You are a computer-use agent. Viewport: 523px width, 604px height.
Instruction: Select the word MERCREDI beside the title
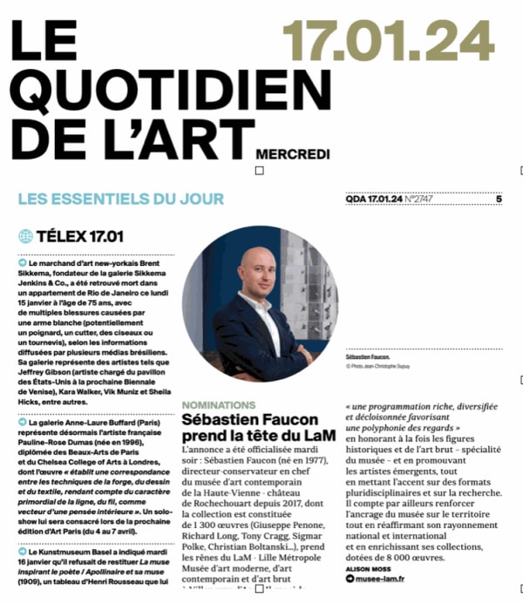tap(293, 154)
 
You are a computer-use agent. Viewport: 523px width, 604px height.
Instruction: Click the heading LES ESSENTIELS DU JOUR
tap(121, 199)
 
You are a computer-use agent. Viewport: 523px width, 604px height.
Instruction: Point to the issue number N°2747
tap(417, 200)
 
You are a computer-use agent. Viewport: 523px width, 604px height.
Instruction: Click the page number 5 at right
tap(499, 200)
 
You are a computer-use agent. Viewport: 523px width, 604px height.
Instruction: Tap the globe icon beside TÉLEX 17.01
tap(25, 236)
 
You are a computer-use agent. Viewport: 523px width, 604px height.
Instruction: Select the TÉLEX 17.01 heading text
tap(80, 236)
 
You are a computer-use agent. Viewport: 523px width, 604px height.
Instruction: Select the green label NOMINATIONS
tap(218, 405)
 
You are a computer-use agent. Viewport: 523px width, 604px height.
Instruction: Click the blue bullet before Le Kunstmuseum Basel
tap(21, 552)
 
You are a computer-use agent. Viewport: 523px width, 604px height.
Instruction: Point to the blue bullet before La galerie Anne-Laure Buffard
tap(21, 422)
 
